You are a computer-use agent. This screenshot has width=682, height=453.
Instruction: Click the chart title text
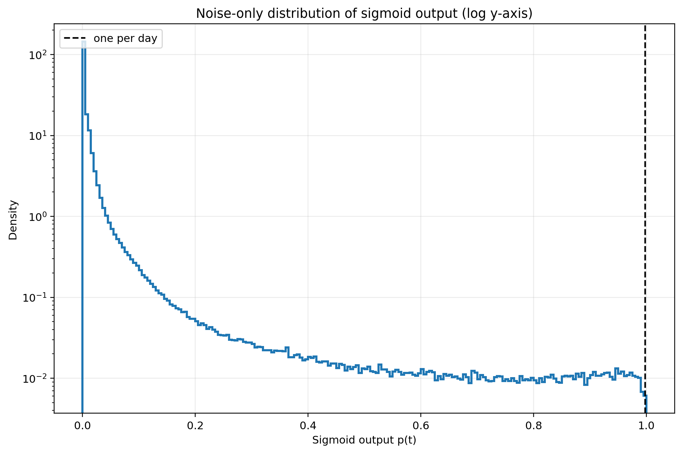(364, 14)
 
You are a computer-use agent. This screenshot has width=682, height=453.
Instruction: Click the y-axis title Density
(13, 220)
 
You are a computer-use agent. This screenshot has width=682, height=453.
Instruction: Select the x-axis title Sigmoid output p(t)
(364, 440)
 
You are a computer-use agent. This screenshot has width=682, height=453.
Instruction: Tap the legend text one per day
(125, 38)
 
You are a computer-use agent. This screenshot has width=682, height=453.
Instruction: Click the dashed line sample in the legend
(75, 38)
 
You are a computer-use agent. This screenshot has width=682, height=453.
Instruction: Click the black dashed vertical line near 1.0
(645, 218)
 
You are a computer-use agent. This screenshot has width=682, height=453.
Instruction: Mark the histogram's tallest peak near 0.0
(84, 42)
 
